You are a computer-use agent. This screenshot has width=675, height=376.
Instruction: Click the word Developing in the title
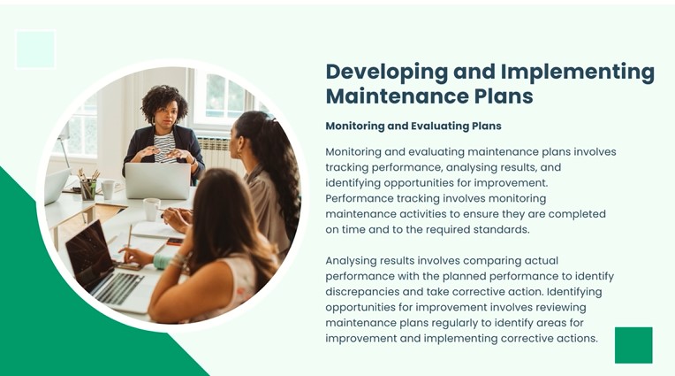(386, 73)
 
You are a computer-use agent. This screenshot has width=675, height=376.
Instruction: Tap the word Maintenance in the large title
(396, 96)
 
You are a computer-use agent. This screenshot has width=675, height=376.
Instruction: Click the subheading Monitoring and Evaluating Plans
(413, 126)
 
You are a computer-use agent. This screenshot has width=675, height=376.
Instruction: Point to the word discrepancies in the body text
(362, 292)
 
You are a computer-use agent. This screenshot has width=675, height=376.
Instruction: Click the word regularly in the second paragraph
(461, 323)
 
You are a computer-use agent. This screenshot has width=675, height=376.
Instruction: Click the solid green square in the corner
(633, 345)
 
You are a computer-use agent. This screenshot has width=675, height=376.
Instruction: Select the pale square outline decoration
(35, 50)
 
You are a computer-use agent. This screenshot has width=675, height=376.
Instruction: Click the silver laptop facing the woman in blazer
(157, 180)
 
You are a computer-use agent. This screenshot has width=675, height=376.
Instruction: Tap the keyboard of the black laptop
(118, 287)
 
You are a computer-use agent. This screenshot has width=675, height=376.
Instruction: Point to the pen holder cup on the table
(88, 189)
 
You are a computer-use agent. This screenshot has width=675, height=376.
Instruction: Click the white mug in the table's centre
(151, 210)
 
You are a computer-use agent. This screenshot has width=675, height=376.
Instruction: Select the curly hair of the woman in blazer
(164, 102)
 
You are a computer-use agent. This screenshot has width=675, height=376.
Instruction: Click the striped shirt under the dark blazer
(165, 147)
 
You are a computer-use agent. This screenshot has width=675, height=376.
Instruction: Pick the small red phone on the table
(175, 242)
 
